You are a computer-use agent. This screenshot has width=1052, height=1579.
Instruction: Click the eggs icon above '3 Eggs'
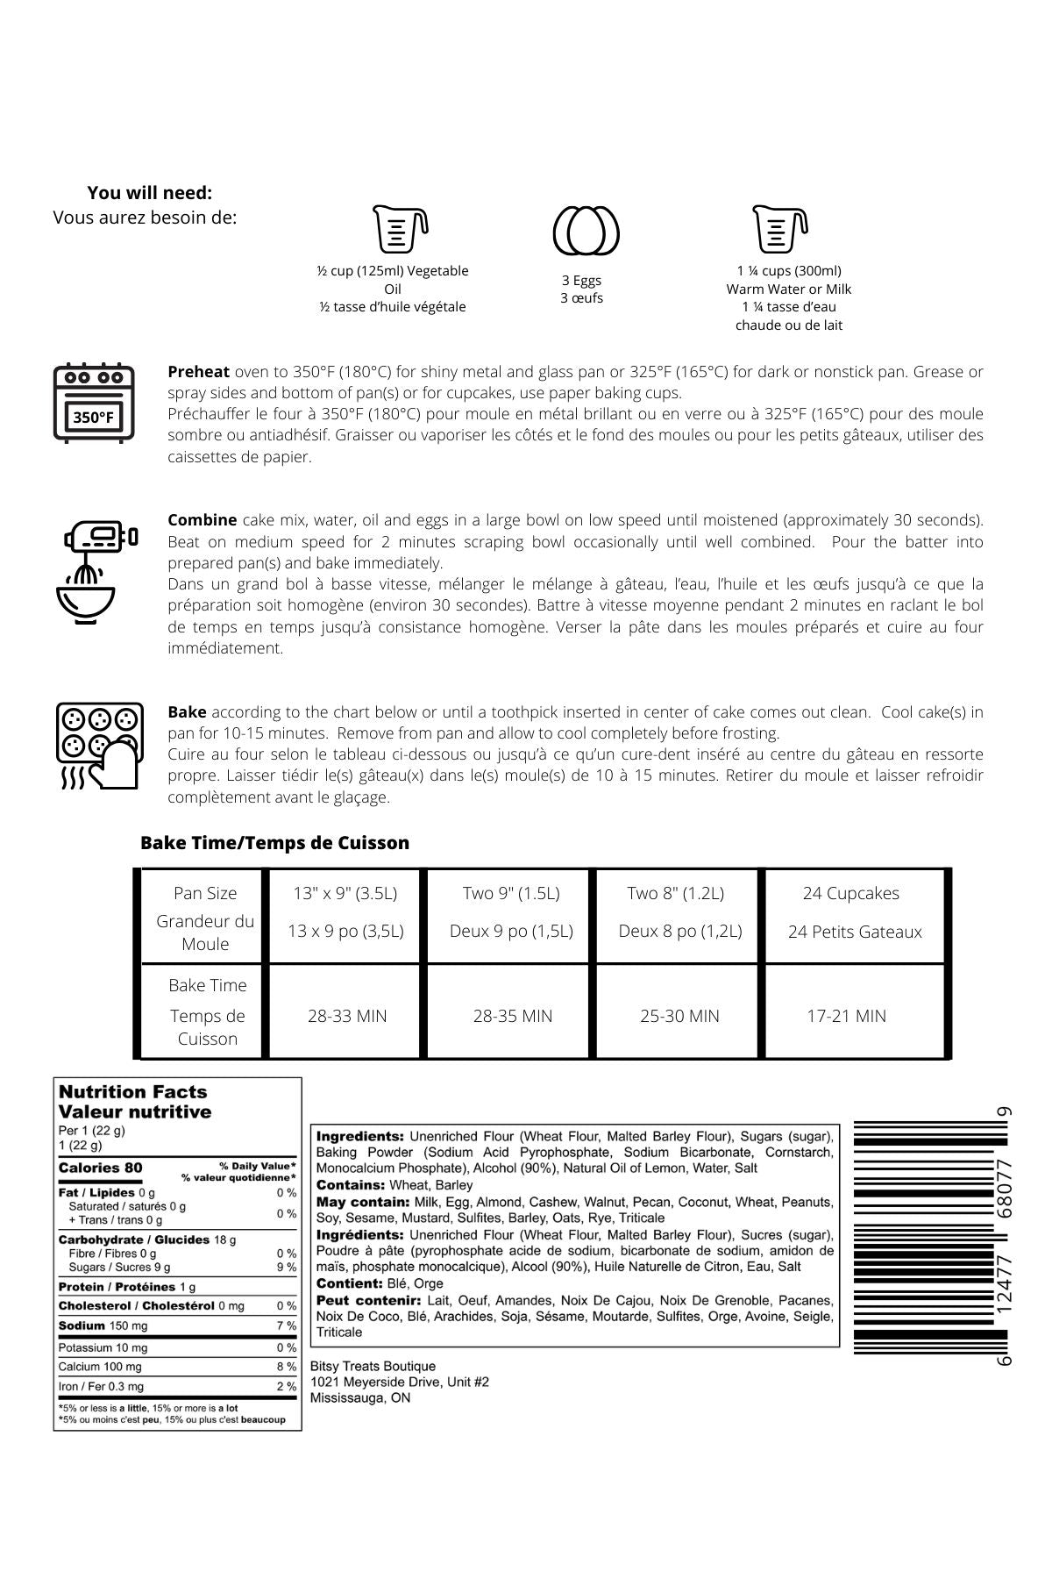(586, 231)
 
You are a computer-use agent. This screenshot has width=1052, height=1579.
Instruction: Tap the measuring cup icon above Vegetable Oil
(400, 230)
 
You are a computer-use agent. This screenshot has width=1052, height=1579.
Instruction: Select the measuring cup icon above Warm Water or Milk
(779, 230)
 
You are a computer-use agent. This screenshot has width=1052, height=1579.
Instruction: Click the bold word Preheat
(198, 372)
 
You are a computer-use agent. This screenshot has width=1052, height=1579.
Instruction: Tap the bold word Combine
(202, 520)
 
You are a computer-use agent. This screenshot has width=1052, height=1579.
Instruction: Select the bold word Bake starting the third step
(187, 712)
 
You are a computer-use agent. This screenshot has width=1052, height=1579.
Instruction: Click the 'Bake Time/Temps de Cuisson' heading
(274, 843)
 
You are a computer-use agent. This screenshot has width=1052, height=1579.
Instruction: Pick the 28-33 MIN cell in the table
(347, 1016)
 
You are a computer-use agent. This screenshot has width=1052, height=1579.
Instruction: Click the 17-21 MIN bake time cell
(847, 1016)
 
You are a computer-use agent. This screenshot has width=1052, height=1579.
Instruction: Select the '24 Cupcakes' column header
(851, 894)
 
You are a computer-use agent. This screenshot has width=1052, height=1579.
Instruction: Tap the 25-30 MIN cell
(679, 1016)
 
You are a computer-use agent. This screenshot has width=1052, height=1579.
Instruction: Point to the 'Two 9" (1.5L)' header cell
(511, 894)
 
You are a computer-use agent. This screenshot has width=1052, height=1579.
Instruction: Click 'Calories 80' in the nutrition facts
(100, 1168)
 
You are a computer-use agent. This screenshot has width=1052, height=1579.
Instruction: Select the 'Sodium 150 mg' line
(103, 1326)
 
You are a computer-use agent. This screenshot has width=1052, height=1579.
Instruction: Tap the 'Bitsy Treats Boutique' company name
(373, 1367)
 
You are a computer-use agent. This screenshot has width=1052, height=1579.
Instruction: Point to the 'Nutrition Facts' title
(132, 1092)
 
